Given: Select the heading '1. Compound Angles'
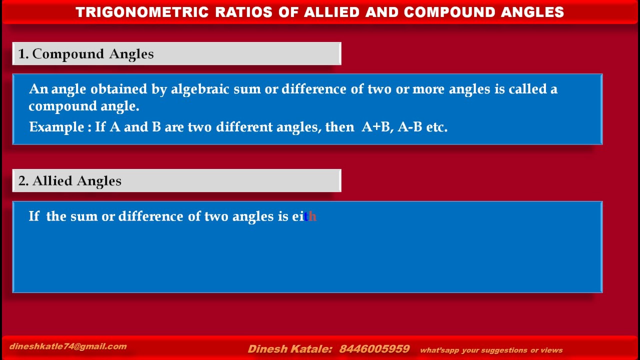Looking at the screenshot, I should (x=86, y=54).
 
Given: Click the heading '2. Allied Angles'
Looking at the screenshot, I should (x=70, y=181).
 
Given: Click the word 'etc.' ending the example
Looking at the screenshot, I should (x=437, y=127).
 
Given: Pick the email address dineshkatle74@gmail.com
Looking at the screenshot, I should (x=68, y=346).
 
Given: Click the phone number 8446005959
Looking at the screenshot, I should (x=374, y=349).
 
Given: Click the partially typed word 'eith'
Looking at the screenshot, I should (x=304, y=216).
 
